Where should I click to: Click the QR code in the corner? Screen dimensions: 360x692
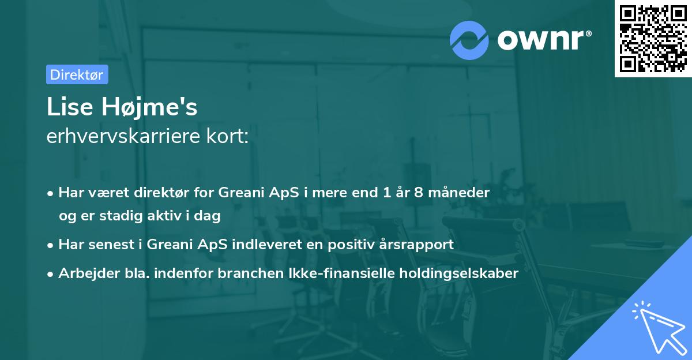coord(653,39)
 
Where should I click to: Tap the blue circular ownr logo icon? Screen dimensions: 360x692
coord(469,40)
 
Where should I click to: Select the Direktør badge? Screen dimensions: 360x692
coord(77,74)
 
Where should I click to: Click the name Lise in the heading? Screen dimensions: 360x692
coord(69,107)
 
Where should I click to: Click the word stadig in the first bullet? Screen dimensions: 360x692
coord(125,216)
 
